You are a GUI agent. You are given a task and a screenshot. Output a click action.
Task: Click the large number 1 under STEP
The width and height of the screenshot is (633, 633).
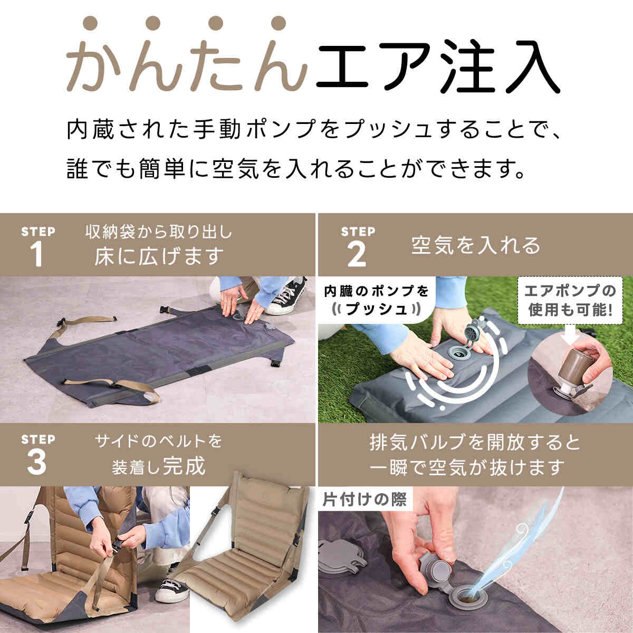coord(37,255)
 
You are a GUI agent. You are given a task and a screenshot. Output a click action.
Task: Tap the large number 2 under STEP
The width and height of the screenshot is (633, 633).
coord(357,255)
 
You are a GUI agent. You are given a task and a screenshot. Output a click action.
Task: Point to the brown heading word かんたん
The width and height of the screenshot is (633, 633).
coord(187,54)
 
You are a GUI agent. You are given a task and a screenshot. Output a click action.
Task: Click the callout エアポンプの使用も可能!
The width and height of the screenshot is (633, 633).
coord(570,301)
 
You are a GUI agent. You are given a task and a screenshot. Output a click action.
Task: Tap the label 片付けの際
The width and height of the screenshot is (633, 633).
coord(365,500)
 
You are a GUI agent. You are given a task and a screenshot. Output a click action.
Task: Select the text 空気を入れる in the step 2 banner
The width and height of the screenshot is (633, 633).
coord(475,245)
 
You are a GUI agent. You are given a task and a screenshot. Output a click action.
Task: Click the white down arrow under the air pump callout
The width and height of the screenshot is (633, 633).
coord(570,332)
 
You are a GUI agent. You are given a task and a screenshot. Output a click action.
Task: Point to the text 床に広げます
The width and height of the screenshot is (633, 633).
coord(159,256)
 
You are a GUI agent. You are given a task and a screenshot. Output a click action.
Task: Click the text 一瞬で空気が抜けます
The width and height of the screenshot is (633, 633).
coord(467,467)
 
